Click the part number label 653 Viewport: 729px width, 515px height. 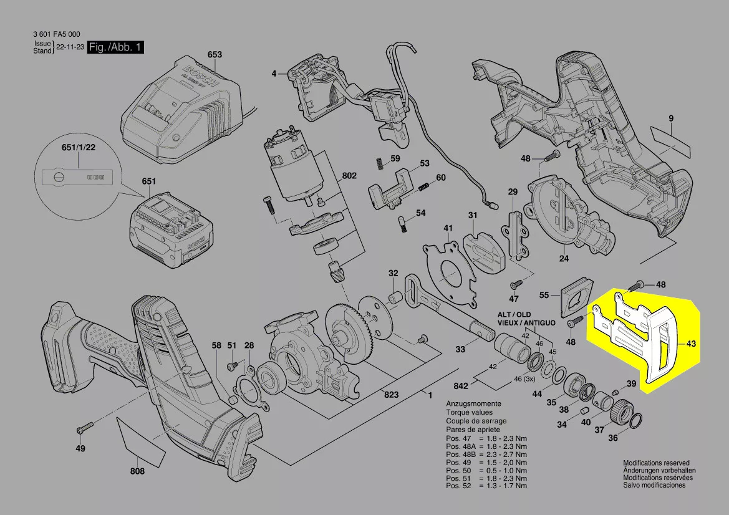pyautogui.click(x=215, y=55)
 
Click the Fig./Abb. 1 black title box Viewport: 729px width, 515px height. pyautogui.click(x=115, y=47)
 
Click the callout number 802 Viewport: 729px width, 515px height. pyautogui.click(x=349, y=176)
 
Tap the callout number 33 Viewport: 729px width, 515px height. pyautogui.click(x=460, y=350)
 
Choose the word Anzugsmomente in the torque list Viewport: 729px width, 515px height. pyautogui.click(x=471, y=405)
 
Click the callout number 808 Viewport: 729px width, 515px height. pyautogui.click(x=137, y=471)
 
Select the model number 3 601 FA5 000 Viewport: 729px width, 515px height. pyautogui.click(x=56, y=34)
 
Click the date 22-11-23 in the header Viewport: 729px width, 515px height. pyautogui.click(x=70, y=48)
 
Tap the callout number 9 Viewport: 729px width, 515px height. pyautogui.click(x=671, y=119)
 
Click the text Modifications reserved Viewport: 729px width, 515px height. pyautogui.click(x=655, y=464)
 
